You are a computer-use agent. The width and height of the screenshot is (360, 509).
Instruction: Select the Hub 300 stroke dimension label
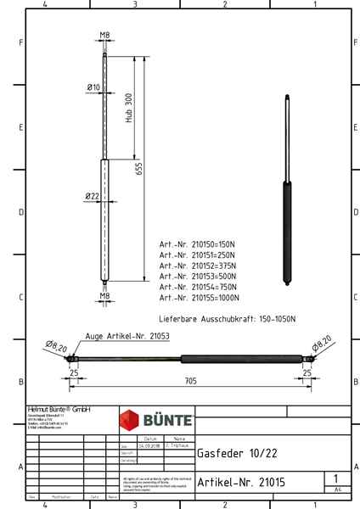128,108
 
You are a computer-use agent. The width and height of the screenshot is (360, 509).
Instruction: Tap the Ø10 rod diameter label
93,87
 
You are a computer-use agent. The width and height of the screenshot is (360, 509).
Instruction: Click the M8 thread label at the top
104,35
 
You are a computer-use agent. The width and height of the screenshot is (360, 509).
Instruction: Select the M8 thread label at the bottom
104,297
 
